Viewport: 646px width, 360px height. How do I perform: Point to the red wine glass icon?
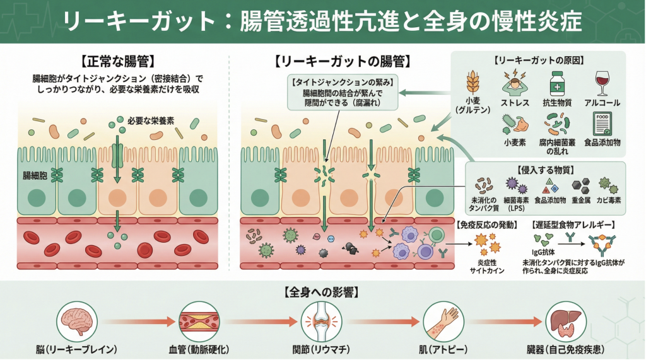(x=602, y=83)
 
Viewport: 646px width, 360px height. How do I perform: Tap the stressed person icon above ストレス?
(x=514, y=83)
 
